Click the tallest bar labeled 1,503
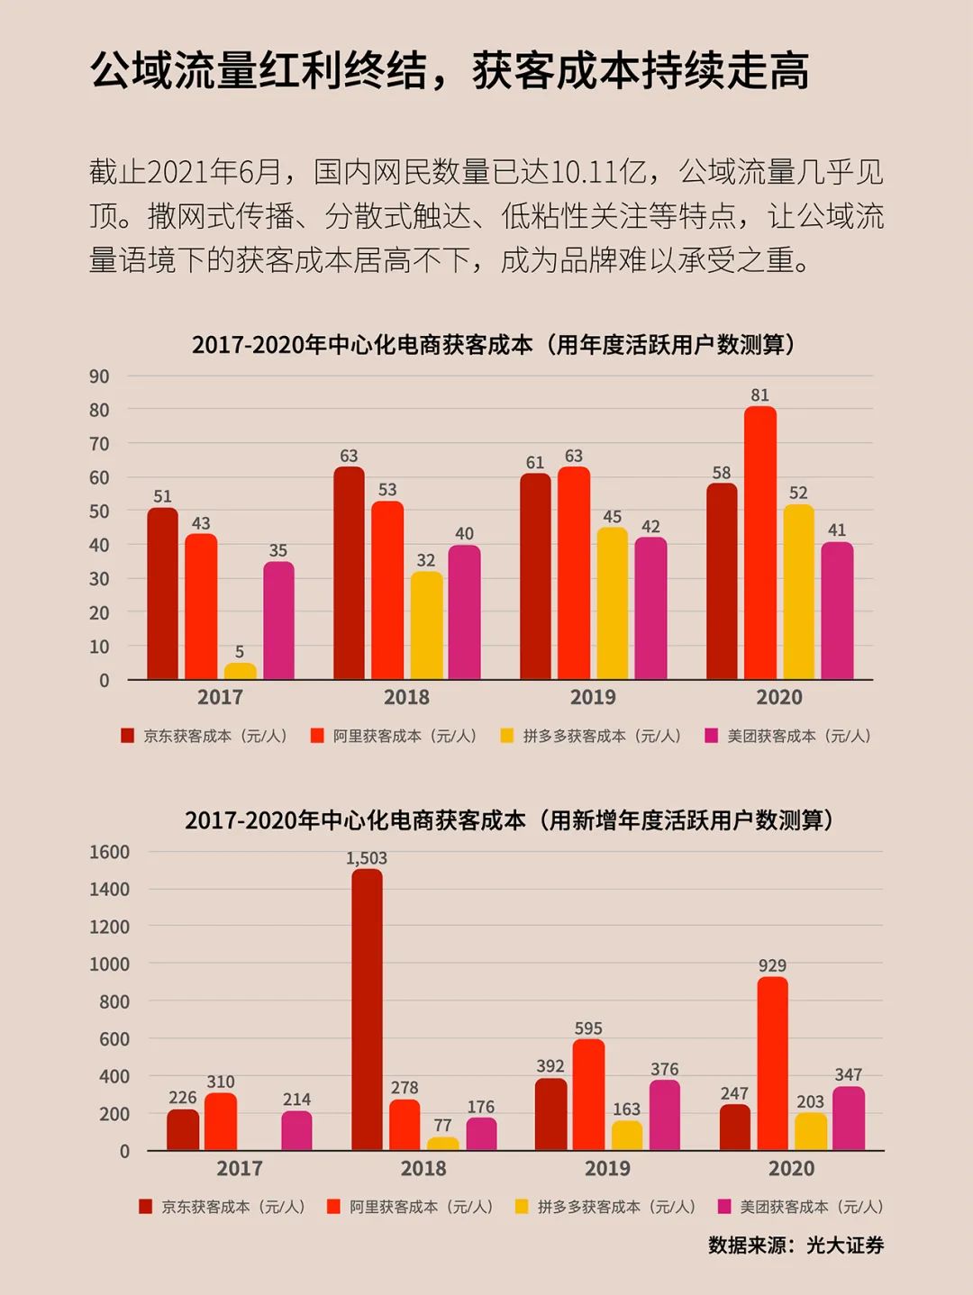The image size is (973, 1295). (x=367, y=1009)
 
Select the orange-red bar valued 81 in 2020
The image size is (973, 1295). (x=760, y=543)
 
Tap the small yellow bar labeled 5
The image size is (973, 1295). (x=240, y=671)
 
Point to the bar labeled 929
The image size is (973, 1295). (x=772, y=1063)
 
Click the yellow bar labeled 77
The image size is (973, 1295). (x=442, y=1144)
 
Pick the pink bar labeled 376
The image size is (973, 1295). (x=665, y=1115)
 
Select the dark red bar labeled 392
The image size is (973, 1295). (x=550, y=1114)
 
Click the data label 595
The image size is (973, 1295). (x=588, y=1028)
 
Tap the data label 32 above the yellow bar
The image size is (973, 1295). (x=426, y=560)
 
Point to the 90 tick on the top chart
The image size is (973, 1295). (x=99, y=376)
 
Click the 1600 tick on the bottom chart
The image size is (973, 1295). (x=109, y=852)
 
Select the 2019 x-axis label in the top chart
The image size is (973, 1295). (x=593, y=697)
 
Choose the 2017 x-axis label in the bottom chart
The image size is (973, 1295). (x=240, y=1168)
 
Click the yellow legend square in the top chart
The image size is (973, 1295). (x=507, y=736)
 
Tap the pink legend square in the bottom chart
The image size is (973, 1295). (x=723, y=1207)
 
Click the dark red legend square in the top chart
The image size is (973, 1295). (x=128, y=736)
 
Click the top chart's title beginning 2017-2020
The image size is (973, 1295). (x=494, y=345)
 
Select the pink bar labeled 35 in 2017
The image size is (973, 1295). (x=278, y=620)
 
